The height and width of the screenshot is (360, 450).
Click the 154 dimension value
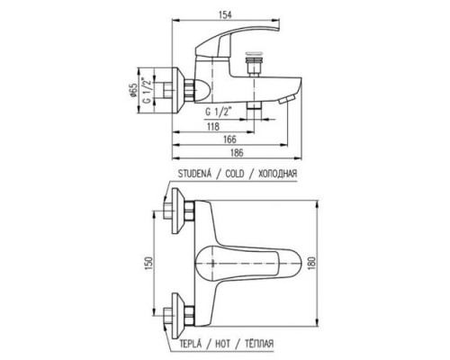click(x=225, y=14)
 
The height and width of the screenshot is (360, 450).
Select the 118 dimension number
click(x=213, y=126)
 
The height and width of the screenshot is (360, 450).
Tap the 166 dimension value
click(x=229, y=139)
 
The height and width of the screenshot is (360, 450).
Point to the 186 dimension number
click(x=237, y=152)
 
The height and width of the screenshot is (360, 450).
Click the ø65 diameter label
click(x=133, y=91)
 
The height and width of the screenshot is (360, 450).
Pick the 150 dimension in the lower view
click(x=149, y=265)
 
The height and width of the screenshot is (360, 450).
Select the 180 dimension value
click(x=312, y=264)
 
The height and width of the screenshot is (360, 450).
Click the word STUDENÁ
click(x=195, y=174)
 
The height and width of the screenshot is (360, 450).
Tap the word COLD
click(x=235, y=174)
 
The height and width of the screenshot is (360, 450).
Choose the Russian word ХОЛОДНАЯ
click(x=277, y=174)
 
